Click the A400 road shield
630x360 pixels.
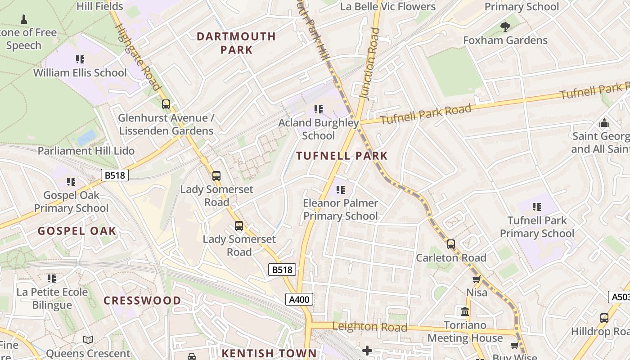pos(299,299)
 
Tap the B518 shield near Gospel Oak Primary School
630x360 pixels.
pos(115,175)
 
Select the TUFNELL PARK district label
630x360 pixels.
pos(342,156)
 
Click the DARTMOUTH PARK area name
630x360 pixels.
pos(236,43)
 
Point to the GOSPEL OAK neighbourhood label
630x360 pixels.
pos(77,231)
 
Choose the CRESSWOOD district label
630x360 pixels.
pos(142,301)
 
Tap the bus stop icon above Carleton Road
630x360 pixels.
pos(450,244)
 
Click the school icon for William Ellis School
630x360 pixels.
pos(80,59)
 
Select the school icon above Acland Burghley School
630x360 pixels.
pos(319,109)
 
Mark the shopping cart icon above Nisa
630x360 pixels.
pos(477,279)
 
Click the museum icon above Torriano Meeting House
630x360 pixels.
pos(465,311)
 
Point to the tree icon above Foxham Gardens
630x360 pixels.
pos(505,27)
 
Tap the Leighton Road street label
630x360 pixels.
pos(369,327)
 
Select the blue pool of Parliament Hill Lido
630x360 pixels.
pos(86,137)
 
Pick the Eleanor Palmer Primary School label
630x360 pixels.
pos(340,209)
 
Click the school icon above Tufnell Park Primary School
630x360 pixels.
pos(537,207)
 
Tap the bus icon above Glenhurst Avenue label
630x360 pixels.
pos(166,104)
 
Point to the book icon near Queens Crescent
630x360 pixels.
pos(88,340)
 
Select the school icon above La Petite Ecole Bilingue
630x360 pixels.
pos(52,279)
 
